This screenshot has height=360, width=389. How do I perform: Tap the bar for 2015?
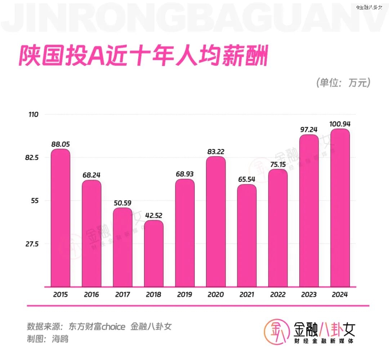coord(61,218)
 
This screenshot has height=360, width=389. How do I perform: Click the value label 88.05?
coord(61,144)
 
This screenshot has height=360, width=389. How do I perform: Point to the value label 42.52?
coord(154,215)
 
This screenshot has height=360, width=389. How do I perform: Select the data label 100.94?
coord(340,124)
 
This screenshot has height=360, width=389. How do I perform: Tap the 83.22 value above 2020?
coord(216,152)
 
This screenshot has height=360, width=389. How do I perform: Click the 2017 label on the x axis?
coord(123,294)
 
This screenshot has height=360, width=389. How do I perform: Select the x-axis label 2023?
coord(309,294)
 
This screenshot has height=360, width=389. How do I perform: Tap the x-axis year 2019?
coord(185,294)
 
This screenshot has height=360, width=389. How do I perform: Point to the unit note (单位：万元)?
coord(343,83)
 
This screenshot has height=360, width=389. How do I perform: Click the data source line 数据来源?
coord(99,327)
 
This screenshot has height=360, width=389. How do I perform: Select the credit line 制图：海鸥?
coord(48,339)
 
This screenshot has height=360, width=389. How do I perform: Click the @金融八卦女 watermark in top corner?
coord(370,7)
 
